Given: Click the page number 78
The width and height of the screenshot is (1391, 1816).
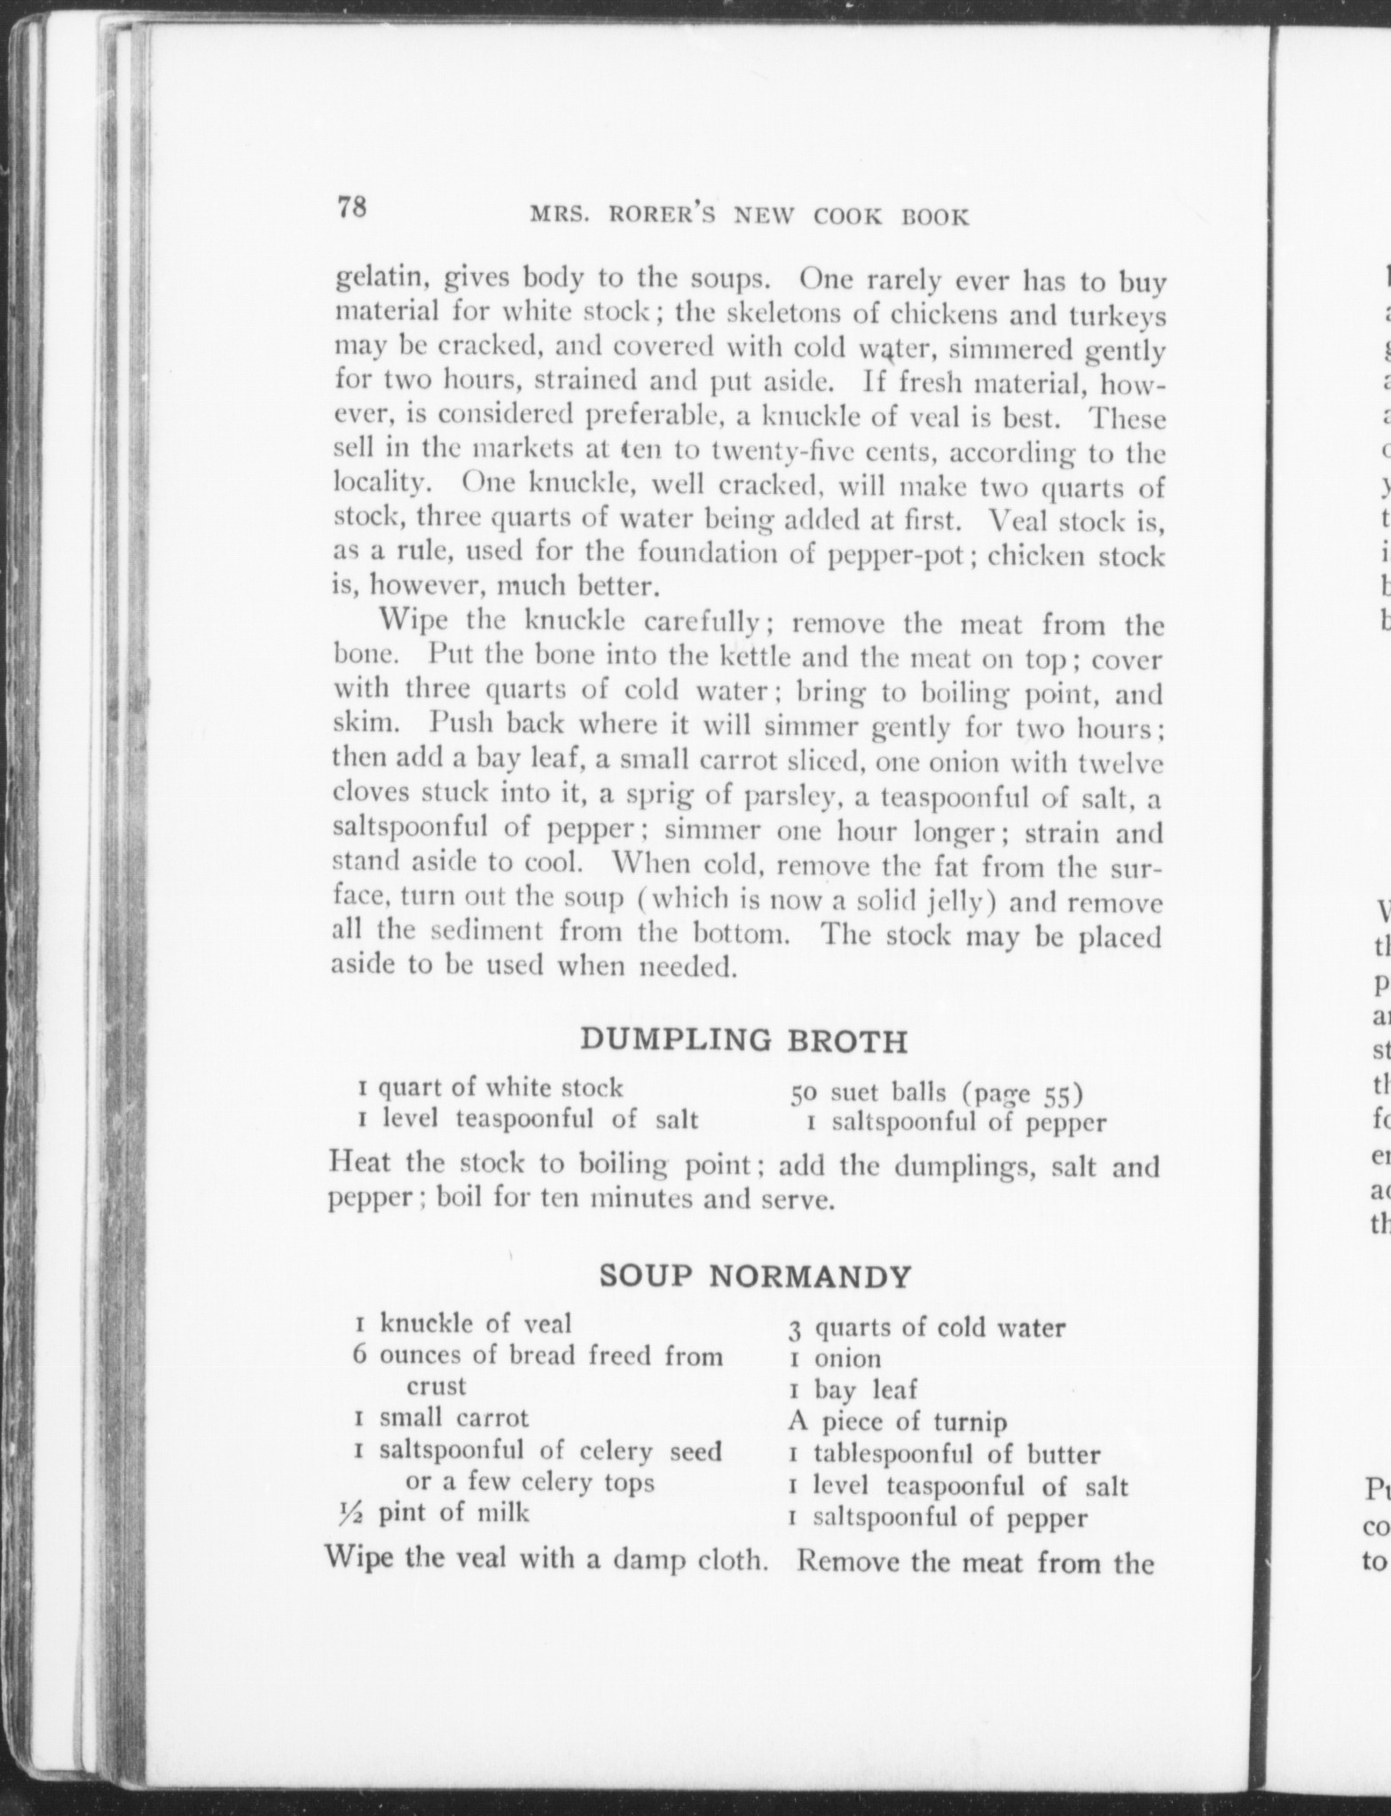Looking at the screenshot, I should click(x=351, y=207).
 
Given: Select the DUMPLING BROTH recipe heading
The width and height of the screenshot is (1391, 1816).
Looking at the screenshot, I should click(x=743, y=1040).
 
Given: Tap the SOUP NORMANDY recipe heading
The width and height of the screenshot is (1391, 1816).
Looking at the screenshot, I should click(x=755, y=1276).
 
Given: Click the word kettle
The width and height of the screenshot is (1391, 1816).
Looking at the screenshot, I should click(x=754, y=659).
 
